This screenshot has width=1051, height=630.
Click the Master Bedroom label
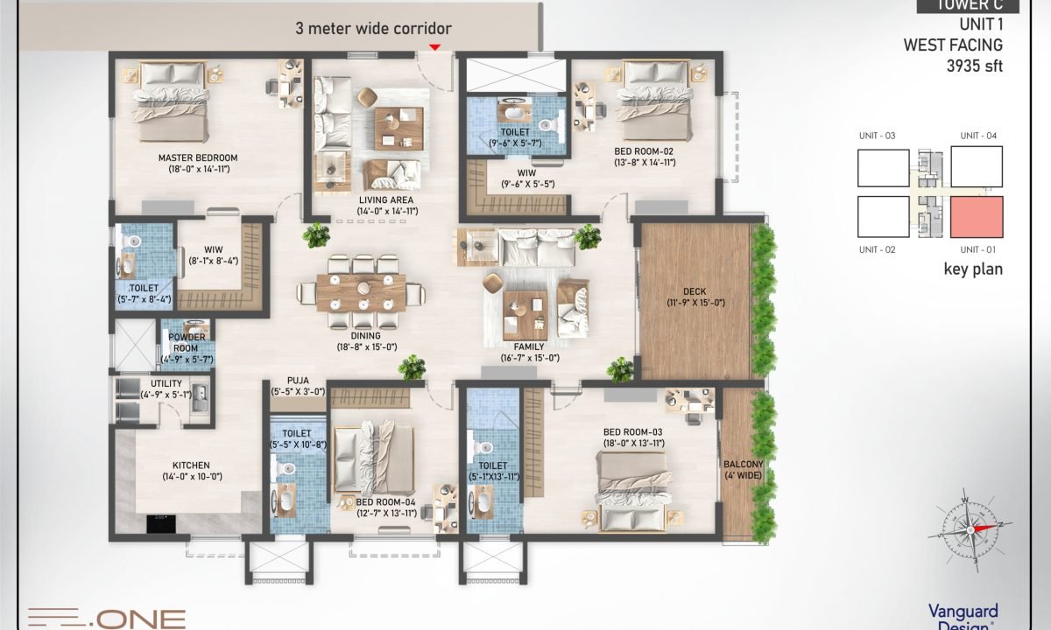coord(198,158)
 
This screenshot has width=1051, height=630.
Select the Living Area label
coord(386,200)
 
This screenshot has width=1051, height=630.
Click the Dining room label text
coord(361,335)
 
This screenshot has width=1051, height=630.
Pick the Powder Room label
coord(187,337)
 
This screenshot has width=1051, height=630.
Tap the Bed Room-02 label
coord(644,151)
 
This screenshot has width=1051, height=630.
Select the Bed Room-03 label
coord(633,432)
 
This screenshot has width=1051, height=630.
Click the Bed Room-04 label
coord(385,501)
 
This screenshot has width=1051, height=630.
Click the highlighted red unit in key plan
coord(977,217)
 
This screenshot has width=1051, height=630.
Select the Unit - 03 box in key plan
coord(883,167)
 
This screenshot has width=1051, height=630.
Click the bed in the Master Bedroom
coord(171,101)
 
